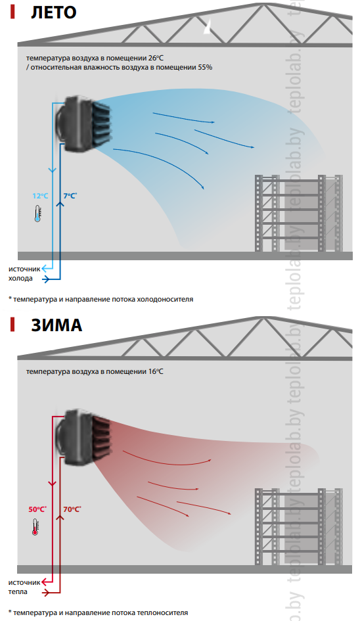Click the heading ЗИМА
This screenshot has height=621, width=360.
[x=56, y=325]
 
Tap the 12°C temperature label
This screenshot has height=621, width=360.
[x=40, y=196]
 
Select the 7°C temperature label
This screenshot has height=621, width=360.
[x=70, y=196]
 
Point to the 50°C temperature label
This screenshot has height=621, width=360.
[x=37, y=509]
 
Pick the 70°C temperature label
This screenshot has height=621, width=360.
[x=72, y=509]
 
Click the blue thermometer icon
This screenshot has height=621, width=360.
[x=37, y=214]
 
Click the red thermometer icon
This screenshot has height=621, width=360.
[x=35, y=527]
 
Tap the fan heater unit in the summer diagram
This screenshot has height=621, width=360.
[x=84, y=123]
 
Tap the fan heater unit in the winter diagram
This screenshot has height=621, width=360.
[x=84, y=437]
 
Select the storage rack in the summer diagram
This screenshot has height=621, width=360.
[x=299, y=213]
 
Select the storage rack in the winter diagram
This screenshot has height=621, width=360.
[x=299, y=527]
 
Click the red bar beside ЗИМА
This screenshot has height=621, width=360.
[x=12, y=325]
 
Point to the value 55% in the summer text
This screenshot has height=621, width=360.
[x=205, y=67]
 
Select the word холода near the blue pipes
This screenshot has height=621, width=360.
[x=20, y=279]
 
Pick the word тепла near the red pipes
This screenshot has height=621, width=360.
[x=18, y=591]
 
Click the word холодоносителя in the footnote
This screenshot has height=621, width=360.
[x=165, y=300]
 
